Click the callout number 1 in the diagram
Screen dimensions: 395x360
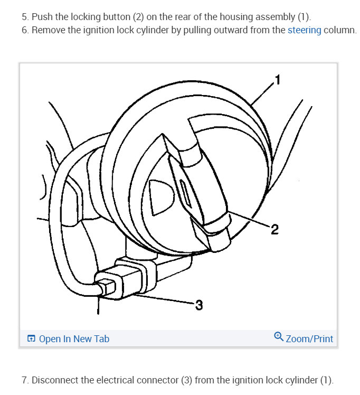click(278, 80)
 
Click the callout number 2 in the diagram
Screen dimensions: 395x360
click(274, 229)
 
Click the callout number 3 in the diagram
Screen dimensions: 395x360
click(198, 305)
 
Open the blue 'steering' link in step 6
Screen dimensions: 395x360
click(304, 30)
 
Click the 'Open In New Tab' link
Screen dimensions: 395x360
click(74, 338)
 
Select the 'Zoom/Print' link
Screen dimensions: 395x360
click(309, 338)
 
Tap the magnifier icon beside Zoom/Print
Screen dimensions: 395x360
click(279, 336)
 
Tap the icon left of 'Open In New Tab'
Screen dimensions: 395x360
click(32, 338)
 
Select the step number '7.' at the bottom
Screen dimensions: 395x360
click(25, 380)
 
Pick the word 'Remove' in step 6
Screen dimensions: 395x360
click(48, 30)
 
